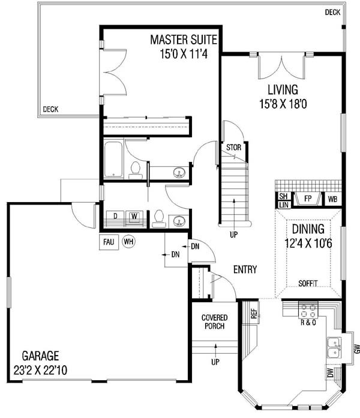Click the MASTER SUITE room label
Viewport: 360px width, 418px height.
pyautogui.click(x=184, y=40)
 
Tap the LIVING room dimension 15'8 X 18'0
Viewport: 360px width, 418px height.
pyautogui.click(x=283, y=104)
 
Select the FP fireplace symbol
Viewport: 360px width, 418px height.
pyautogui.click(x=308, y=199)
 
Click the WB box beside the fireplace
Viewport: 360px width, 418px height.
pyautogui.click(x=332, y=199)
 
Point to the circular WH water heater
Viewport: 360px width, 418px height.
pyautogui.click(x=128, y=242)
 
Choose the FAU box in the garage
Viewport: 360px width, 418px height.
pyautogui.click(x=109, y=242)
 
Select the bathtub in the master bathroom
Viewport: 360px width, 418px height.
pyautogui.click(x=113, y=160)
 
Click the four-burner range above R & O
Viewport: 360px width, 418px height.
pyautogui.click(x=308, y=310)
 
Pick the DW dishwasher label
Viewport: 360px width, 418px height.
pyautogui.click(x=331, y=372)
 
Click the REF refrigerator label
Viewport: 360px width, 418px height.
pyautogui.click(x=254, y=314)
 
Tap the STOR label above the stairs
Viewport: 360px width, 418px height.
pyautogui.click(x=233, y=148)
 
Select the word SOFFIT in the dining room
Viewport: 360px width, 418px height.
pyautogui.click(x=308, y=284)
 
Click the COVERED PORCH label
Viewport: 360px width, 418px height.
pyautogui.click(x=214, y=322)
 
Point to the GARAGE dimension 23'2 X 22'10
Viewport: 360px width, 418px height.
pyautogui.click(x=41, y=370)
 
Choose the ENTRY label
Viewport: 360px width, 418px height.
pyautogui.click(x=245, y=269)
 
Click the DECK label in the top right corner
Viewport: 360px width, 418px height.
pyautogui.click(x=332, y=12)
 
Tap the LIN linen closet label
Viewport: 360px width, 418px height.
pyautogui.click(x=283, y=205)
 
